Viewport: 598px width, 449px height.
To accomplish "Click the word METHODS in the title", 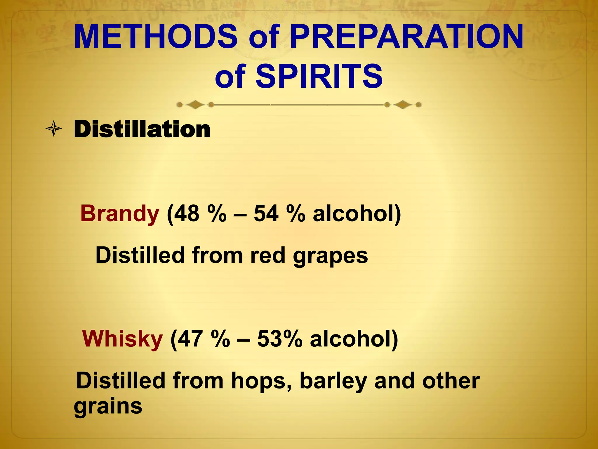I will [x=156, y=37].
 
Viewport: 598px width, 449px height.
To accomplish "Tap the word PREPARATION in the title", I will [x=406, y=37].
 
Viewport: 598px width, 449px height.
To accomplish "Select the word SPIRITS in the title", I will [x=319, y=77].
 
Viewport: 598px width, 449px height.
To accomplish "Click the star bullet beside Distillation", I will [x=54, y=129].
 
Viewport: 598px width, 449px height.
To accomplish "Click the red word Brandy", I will [x=120, y=214].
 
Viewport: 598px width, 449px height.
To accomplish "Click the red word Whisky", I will [x=122, y=339].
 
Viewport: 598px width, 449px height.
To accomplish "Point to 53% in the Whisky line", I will [x=279, y=339].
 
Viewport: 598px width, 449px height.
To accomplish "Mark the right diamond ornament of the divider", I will [x=403, y=104].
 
